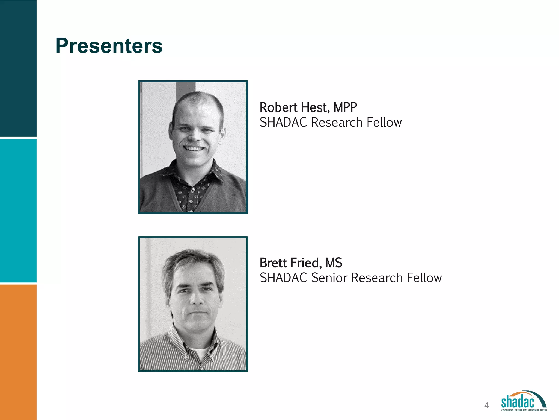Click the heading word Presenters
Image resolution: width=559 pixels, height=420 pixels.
click(109, 46)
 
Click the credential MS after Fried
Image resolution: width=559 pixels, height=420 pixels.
click(334, 263)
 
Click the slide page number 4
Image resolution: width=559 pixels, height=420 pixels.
click(486, 405)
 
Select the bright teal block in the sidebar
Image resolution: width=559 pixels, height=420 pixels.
click(18, 211)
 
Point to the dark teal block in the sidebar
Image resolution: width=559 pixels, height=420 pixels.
click(18, 68)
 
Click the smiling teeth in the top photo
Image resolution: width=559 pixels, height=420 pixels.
click(194, 149)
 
